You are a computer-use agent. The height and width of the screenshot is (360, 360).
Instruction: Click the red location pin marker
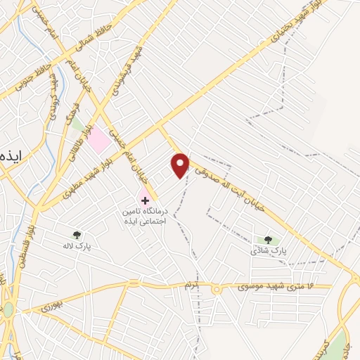point(181,165)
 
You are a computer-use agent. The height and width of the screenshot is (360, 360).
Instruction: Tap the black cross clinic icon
point(145,200)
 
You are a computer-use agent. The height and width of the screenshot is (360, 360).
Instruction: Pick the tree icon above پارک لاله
point(77,235)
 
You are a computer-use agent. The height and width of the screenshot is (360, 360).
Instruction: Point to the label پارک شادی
point(270,251)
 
